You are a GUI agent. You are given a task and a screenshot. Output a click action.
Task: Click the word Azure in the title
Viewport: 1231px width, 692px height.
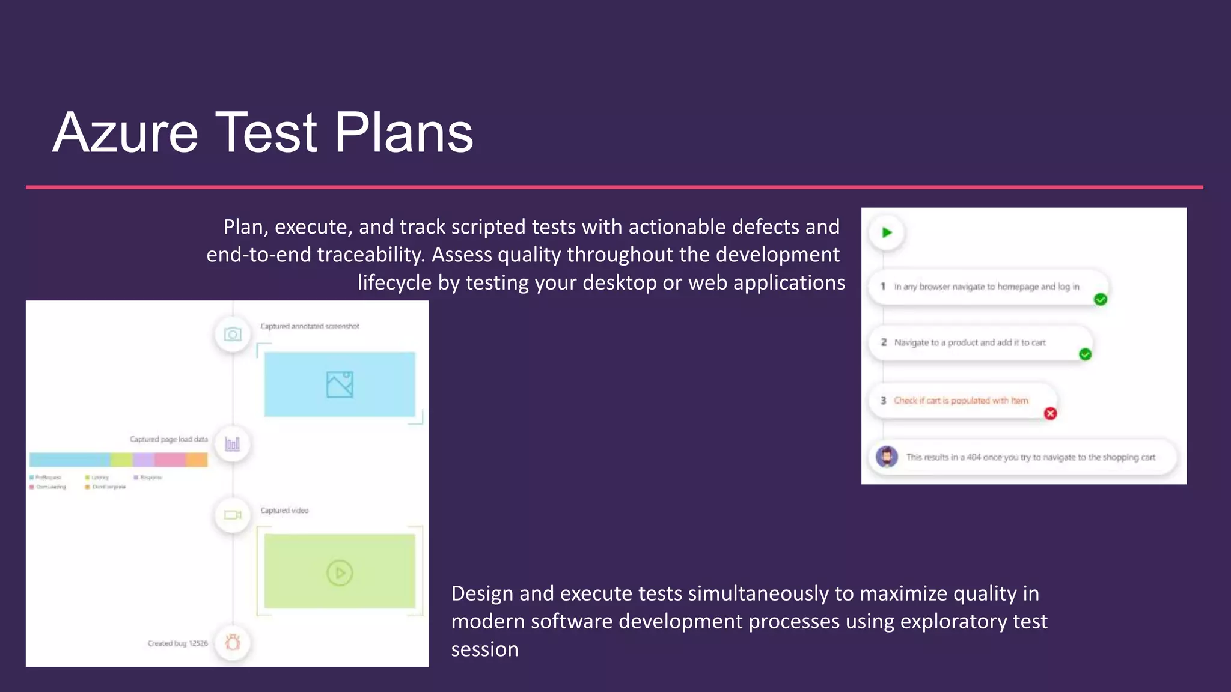point(126,133)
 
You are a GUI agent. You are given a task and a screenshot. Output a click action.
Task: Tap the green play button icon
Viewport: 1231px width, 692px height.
point(887,232)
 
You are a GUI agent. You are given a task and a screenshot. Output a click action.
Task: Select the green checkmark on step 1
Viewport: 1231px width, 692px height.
point(1101,299)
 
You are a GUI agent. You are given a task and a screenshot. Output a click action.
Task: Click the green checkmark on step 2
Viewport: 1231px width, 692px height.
point(1085,354)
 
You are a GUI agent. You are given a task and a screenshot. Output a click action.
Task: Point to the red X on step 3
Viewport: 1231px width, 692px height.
point(1050,413)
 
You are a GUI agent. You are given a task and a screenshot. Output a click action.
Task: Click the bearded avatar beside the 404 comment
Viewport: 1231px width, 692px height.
point(887,457)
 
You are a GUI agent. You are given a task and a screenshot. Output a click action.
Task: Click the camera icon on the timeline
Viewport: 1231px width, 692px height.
point(233,334)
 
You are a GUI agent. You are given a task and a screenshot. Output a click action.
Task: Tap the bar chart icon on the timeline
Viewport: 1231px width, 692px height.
point(233,444)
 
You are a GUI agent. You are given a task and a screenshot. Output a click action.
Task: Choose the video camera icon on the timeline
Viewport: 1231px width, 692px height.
point(233,515)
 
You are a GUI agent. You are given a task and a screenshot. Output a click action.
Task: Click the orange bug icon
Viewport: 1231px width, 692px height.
point(233,642)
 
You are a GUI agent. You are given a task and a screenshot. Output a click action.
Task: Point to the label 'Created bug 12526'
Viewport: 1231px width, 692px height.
point(177,643)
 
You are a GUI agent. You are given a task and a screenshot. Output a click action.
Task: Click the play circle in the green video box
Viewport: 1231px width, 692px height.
point(340,572)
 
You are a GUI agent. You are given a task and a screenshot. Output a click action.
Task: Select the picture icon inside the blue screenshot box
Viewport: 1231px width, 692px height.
point(340,384)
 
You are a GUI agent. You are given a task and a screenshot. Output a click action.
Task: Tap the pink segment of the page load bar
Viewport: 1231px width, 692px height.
point(170,460)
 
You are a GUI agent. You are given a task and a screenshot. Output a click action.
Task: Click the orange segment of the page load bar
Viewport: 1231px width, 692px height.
point(197,460)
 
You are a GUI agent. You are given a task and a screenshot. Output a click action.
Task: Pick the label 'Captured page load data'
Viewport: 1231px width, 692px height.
point(168,439)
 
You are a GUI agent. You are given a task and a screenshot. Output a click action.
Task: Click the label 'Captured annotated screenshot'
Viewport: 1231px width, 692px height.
point(310,326)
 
